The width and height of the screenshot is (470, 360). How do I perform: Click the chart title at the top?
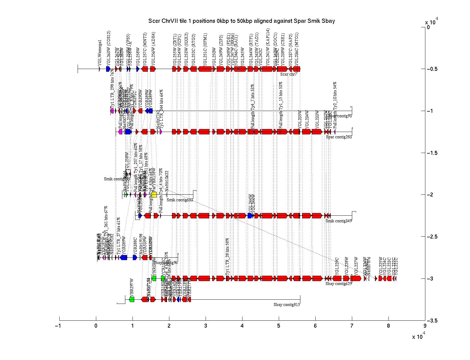click(x=242, y=21)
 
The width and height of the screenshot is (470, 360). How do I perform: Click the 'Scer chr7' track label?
click(x=288, y=74)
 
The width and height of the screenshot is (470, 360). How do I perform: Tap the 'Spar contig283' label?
click(x=339, y=137)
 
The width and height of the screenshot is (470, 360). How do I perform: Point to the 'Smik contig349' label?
click(x=338, y=221)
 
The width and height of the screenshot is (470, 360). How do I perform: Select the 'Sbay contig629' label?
click(x=338, y=284)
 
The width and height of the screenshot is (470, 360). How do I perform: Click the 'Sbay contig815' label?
click(x=287, y=305)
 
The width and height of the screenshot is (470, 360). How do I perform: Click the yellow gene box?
click(x=154, y=195)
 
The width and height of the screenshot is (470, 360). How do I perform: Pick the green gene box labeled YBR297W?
click(x=132, y=299)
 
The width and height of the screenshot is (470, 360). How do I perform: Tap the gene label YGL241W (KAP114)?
click(x=268, y=46)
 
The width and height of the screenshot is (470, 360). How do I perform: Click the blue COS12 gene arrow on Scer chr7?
click(x=108, y=69)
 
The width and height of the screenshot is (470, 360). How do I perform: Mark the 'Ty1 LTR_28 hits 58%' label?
click(x=228, y=257)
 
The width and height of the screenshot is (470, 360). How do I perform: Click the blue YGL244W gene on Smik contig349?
click(x=250, y=216)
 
